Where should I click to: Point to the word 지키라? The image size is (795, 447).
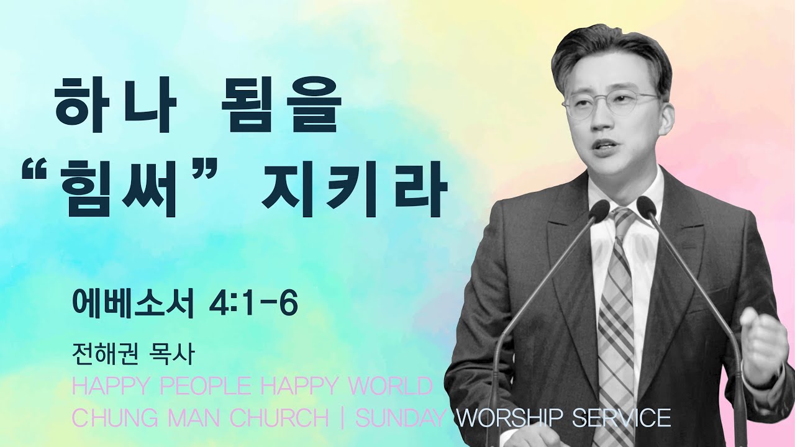coord(354,188)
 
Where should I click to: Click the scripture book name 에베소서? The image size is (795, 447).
coord(133,304)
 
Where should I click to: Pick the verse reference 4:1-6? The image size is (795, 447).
coord(253,304)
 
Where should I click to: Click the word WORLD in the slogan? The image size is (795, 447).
coord(392,386)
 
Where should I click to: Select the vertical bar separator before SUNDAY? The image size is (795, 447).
coord(342,418)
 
